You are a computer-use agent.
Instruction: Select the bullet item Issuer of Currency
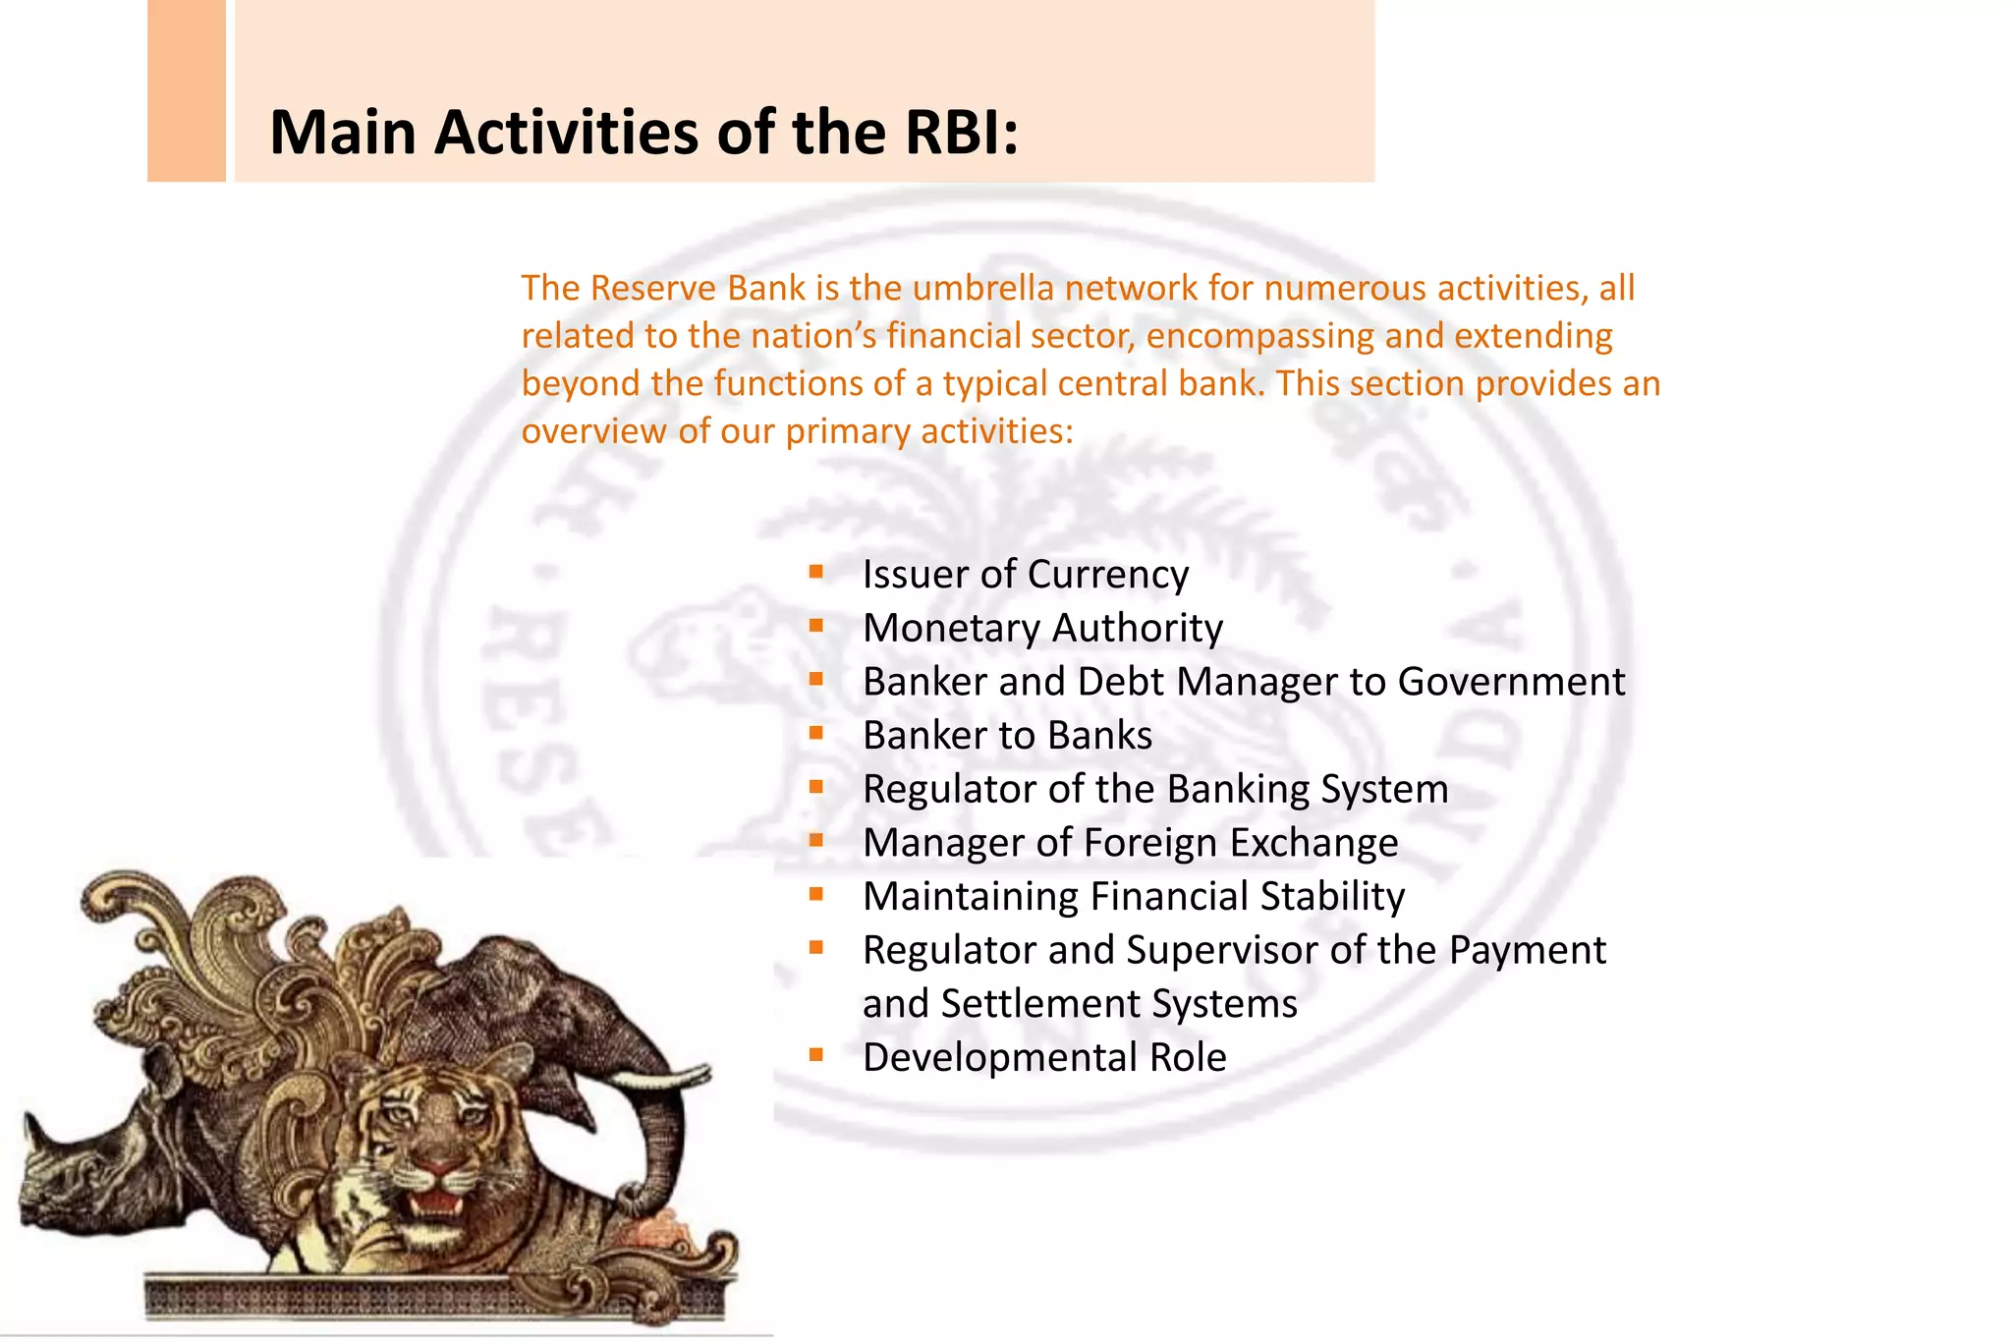point(1025,575)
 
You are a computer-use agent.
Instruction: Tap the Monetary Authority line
point(1042,629)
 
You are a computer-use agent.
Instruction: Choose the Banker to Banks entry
point(1007,736)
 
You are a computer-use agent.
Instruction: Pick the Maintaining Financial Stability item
point(1133,897)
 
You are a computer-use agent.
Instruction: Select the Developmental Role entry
point(1043,1058)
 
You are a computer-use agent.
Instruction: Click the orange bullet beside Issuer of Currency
point(815,571)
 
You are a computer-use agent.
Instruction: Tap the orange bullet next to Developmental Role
point(815,1054)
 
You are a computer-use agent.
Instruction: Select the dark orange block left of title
point(187,90)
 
